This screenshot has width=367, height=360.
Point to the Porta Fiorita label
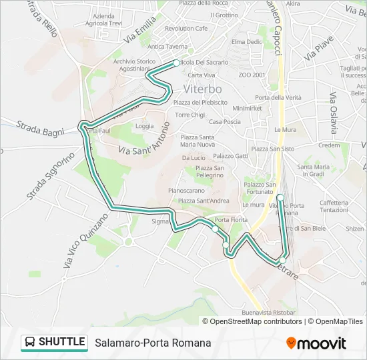tap(232, 221)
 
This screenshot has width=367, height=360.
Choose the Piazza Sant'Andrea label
tap(204, 200)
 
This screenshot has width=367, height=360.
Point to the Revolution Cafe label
tap(186, 29)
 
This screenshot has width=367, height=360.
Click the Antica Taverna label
tap(167, 47)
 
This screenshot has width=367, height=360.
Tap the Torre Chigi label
tap(190, 115)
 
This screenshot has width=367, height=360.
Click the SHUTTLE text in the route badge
tap(62, 343)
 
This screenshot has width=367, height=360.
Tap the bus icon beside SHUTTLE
tap(30, 343)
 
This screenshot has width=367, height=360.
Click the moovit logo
tap(316, 343)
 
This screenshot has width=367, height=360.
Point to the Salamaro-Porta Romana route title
tap(153, 343)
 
